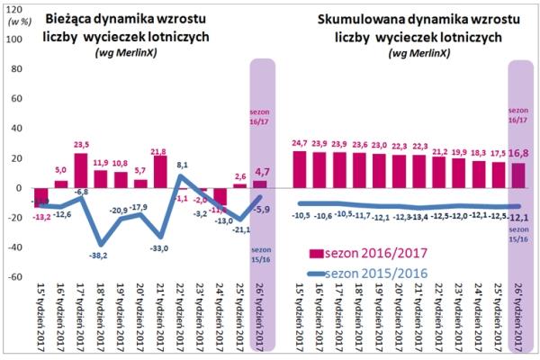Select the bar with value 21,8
pos(161,172)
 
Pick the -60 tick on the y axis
pos(15,276)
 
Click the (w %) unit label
pos(15,24)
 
